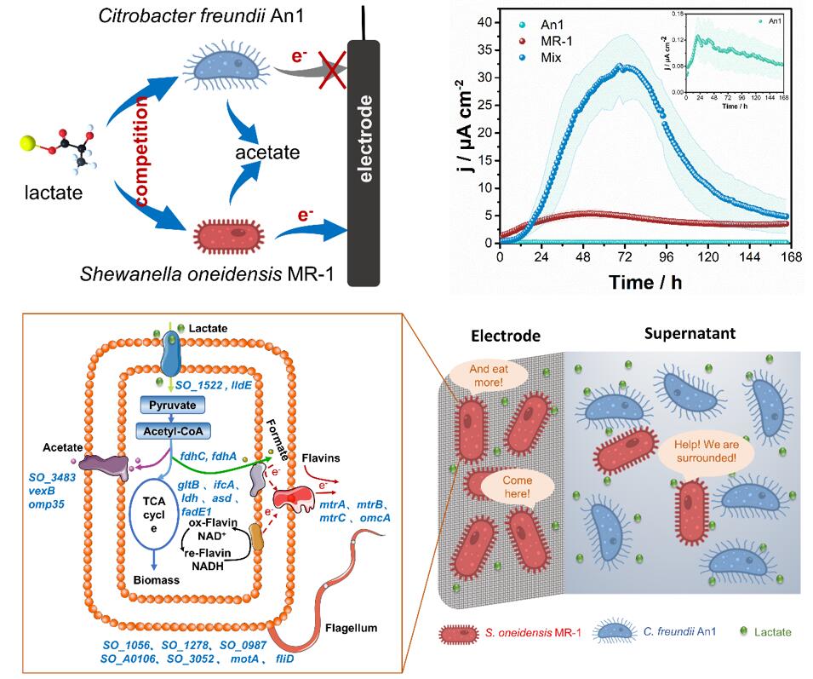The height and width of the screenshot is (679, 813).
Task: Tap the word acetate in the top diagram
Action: (x=267, y=152)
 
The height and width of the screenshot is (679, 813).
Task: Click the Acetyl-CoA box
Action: (x=173, y=431)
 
